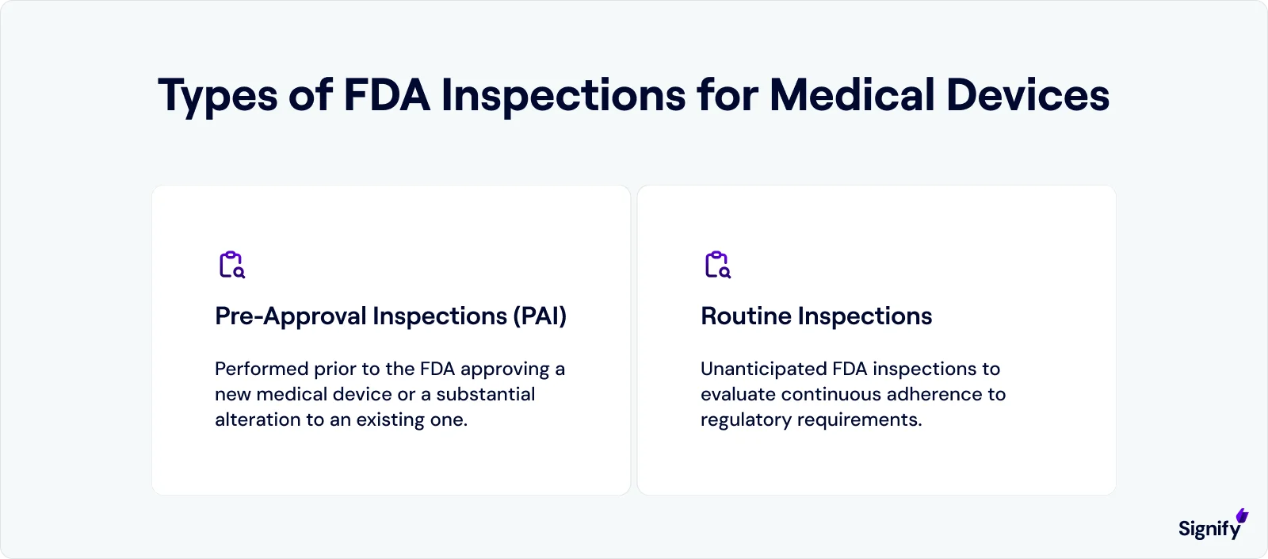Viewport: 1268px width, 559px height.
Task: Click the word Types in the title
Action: [x=218, y=96]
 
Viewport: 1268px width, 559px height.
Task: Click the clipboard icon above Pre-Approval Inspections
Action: [x=231, y=265]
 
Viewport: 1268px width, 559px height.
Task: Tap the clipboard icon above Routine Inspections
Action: [x=717, y=265]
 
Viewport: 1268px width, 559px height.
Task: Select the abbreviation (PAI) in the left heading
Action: [x=540, y=316]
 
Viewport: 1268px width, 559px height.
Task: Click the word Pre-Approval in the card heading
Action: [x=291, y=316]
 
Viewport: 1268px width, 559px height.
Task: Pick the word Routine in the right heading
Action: [x=746, y=316]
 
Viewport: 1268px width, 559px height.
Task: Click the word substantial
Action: [x=485, y=394]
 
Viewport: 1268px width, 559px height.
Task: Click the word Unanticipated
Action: [x=763, y=369]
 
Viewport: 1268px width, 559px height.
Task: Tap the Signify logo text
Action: [x=1209, y=530]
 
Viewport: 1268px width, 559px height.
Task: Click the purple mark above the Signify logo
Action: [x=1242, y=516]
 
